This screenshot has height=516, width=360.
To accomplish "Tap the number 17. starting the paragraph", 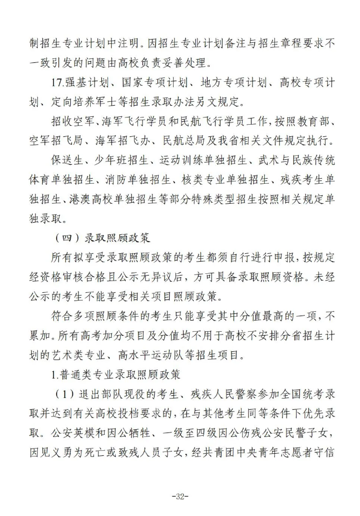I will pyautogui.click(x=56, y=83).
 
